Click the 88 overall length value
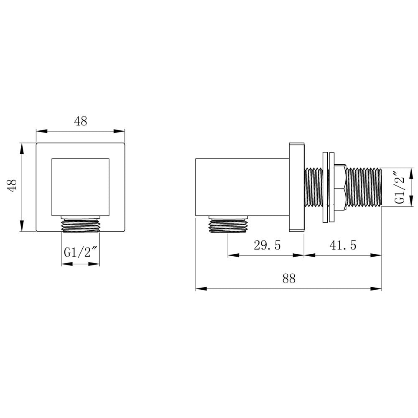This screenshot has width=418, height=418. pos(288,278)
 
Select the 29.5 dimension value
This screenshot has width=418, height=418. pos(268,245)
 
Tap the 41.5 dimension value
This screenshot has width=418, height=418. pos(343,245)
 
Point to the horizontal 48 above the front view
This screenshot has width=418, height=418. pos(81,121)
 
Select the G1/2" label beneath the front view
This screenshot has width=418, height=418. pos(81,252)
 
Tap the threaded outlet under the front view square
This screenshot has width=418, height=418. pos(81,226)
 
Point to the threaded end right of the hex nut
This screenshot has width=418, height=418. pos(364,187)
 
